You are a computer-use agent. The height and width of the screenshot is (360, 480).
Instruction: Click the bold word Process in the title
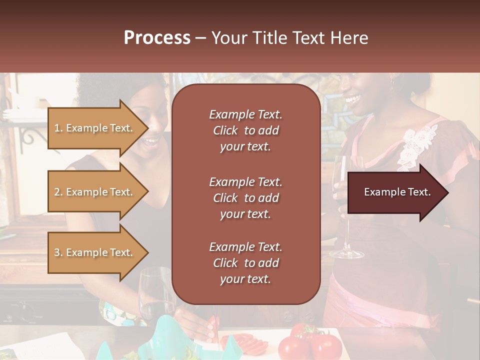(157, 38)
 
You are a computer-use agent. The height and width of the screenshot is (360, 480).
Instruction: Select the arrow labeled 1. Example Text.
(95, 128)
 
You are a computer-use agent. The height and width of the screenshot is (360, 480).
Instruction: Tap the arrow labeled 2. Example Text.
(95, 192)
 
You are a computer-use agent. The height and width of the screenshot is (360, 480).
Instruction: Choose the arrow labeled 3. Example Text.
(95, 252)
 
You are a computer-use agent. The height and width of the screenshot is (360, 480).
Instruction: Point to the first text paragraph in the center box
(245, 130)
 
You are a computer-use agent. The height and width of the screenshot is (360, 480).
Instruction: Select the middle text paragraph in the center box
(245, 198)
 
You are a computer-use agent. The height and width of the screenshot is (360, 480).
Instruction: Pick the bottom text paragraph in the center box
(245, 263)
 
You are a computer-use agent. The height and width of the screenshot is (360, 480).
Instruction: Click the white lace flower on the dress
(417, 145)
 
